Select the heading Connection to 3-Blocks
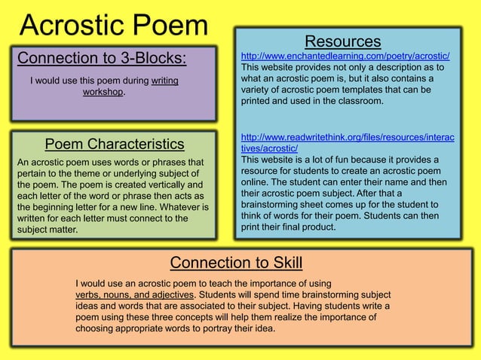(x=102, y=59)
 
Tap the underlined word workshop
(x=103, y=93)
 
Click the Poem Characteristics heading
(x=115, y=144)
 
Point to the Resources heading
(x=342, y=41)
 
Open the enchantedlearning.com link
(x=345, y=56)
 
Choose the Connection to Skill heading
(x=236, y=262)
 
